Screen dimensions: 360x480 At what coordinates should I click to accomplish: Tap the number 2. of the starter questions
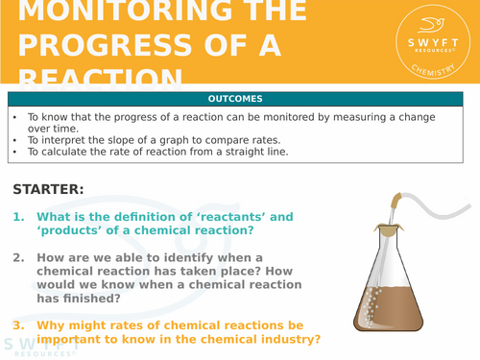click(18, 257)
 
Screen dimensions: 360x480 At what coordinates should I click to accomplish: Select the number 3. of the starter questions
click(18, 325)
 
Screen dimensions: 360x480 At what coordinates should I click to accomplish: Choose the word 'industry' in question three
click(289, 339)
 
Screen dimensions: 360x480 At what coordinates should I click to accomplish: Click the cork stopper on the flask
click(390, 228)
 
